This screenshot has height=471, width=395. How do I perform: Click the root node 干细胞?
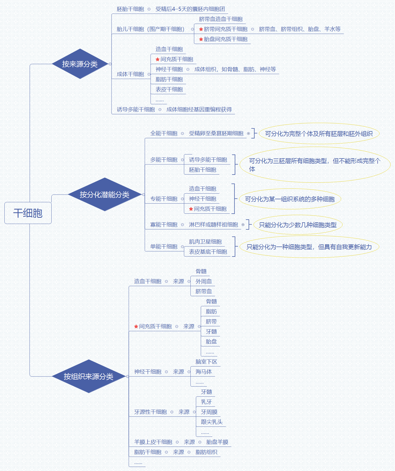click(28, 213)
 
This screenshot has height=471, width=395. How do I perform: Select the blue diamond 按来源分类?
click(80, 64)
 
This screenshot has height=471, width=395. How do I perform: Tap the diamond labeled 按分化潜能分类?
click(105, 195)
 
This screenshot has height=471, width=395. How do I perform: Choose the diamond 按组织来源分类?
click(89, 377)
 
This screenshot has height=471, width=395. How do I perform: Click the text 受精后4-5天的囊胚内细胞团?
click(190, 9)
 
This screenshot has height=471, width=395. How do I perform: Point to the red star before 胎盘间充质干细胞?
click(201, 39)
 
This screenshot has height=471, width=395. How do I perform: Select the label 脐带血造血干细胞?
click(221, 19)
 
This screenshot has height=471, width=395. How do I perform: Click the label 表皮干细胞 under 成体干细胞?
click(169, 90)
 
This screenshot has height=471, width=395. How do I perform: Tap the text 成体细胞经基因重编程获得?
click(199, 110)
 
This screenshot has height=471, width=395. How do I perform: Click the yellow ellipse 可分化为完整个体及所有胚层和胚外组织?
click(319, 134)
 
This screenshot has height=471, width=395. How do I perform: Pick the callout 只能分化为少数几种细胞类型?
click(298, 225)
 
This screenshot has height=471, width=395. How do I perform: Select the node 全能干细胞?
click(164, 134)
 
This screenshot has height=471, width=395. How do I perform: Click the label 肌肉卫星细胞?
click(205, 242)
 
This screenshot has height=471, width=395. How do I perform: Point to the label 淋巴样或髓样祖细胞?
click(213, 225)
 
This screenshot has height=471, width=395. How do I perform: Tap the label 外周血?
click(203, 282)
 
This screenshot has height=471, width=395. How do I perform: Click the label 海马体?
click(203, 372)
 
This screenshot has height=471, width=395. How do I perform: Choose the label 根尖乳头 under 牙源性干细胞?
click(212, 422)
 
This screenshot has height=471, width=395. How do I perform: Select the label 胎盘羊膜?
click(217, 442)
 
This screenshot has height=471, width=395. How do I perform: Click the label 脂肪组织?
click(206, 452)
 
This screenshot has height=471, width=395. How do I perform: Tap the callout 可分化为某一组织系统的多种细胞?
click(290, 199)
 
